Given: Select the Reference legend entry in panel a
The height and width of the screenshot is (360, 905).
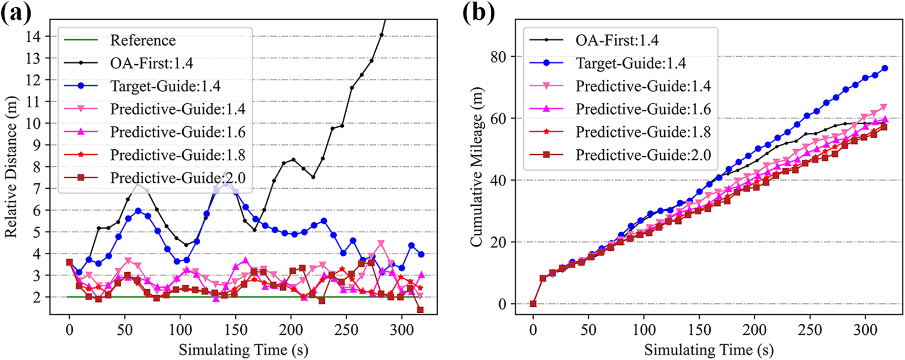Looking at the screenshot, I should (143, 41).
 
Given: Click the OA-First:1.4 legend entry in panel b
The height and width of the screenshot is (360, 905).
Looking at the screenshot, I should (616, 41).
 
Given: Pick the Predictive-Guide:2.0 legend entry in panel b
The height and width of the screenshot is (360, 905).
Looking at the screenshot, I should (643, 155).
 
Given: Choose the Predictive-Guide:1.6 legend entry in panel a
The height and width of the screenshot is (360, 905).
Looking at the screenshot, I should (177, 132).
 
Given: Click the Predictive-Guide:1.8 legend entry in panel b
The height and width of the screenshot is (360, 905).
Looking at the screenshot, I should (643, 132).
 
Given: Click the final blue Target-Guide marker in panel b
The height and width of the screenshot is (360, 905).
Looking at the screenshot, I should (884, 69).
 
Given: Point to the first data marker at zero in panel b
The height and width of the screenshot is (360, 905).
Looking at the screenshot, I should (533, 303).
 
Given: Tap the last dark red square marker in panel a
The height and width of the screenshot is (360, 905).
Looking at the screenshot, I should (420, 310).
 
